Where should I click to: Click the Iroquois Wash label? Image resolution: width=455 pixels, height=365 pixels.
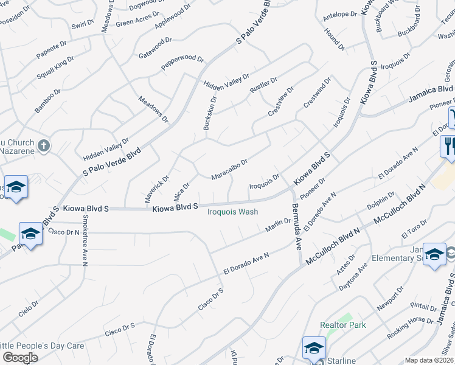click(233, 212)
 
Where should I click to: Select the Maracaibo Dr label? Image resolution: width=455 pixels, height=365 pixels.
click(229, 170)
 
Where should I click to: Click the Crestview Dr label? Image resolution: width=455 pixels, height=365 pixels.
click(281, 102)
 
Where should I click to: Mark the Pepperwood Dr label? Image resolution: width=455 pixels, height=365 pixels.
click(182, 62)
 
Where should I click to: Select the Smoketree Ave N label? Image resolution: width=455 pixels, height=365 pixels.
click(85, 243)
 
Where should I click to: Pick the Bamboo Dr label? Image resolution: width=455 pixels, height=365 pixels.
click(47, 102)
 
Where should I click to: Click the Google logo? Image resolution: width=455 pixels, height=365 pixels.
click(20, 358)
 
